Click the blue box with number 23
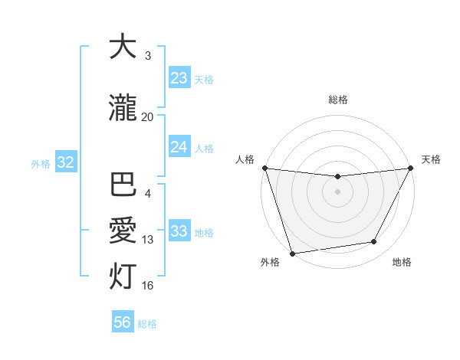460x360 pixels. point(179,78)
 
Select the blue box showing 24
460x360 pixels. point(179,147)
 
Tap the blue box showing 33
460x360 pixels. point(179,231)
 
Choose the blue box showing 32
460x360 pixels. point(65,162)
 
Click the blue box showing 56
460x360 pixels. point(123,322)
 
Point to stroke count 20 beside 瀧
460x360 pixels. point(147,117)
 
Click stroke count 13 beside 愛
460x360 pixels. point(148,240)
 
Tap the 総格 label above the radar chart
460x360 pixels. point(338,100)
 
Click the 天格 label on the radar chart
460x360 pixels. point(431,159)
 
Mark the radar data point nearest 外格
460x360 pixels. point(292,253)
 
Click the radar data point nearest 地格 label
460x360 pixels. point(374,242)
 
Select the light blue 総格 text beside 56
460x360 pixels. point(147,323)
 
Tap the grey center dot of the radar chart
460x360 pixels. point(337,191)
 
